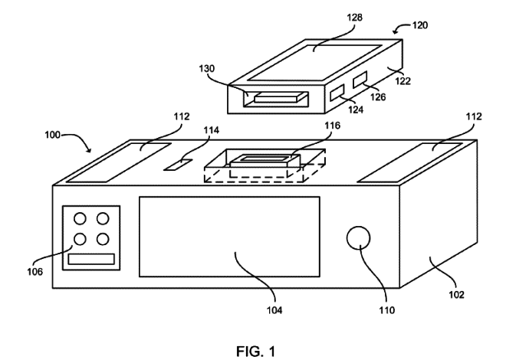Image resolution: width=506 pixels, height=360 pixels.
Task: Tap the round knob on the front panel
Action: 358,240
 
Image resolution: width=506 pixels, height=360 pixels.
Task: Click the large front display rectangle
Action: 229,236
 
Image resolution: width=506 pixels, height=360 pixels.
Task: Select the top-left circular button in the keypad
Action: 80,220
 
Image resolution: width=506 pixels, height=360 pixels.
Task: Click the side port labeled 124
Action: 337,94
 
